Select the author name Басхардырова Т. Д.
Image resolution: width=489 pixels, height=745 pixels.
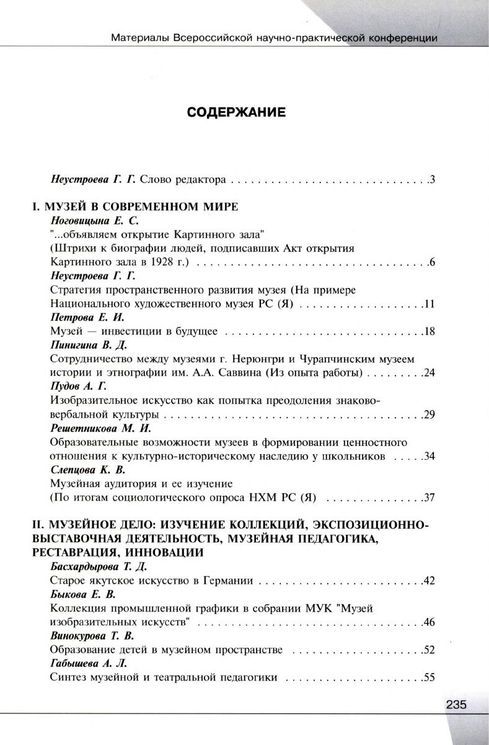(x=98, y=567)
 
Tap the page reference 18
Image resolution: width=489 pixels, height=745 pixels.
(x=430, y=331)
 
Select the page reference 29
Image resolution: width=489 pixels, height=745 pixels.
(x=430, y=414)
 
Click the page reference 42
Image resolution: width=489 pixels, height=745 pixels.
(x=430, y=581)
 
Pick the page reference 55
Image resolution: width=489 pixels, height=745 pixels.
(x=430, y=677)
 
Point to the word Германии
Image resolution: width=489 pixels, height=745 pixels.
(x=231, y=581)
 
